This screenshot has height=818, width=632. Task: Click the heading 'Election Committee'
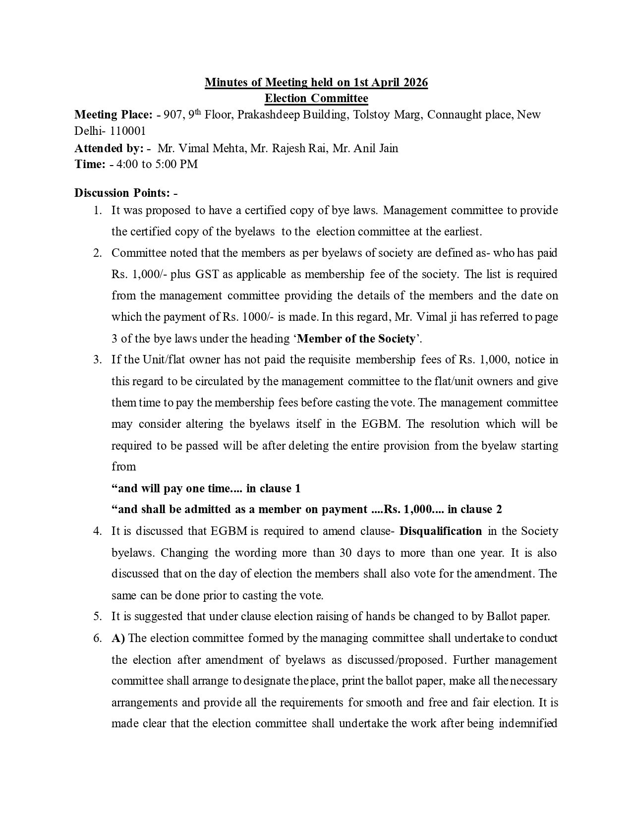tap(316, 98)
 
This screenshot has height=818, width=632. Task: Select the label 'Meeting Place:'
tap(114, 115)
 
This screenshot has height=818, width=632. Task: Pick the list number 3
tap(97, 359)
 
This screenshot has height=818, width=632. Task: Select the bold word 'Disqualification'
tap(440, 531)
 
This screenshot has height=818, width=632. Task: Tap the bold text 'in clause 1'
tap(273, 488)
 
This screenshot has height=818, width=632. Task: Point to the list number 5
tap(97, 616)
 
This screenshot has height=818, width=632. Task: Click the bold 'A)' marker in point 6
tap(118, 638)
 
